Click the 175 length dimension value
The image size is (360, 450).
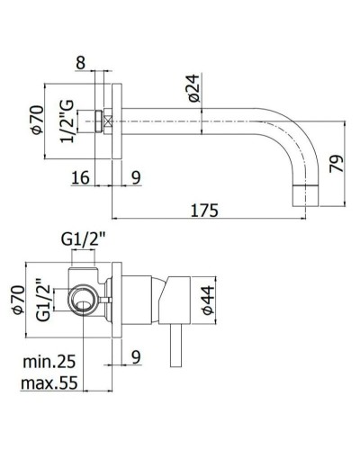click(x=206, y=211)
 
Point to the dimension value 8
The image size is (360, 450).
click(x=82, y=63)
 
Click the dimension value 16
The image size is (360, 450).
click(x=80, y=178)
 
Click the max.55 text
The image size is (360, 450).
click(x=49, y=383)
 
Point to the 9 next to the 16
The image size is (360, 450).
click(x=135, y=178)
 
